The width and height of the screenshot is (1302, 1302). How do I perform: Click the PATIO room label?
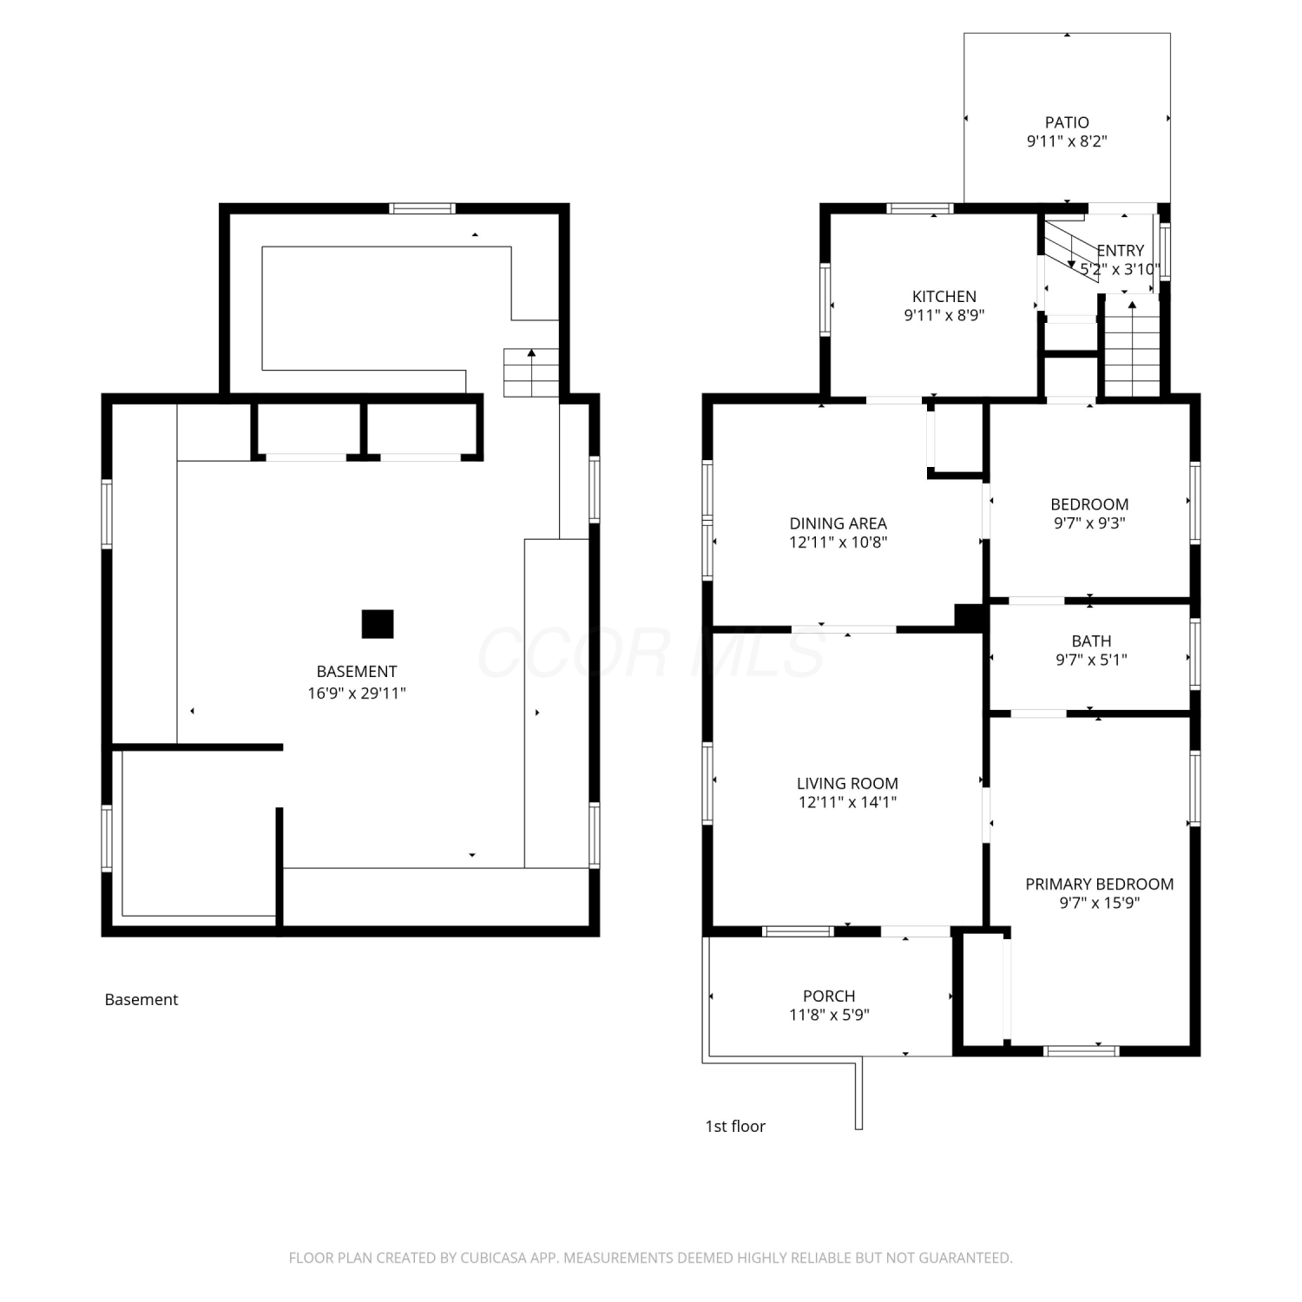[1067, 122]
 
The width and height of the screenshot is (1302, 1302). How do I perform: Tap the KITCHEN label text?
[944, 297]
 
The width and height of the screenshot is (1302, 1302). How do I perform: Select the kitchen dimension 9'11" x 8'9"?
[944, 315]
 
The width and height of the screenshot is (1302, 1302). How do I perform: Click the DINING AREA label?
[838, 523]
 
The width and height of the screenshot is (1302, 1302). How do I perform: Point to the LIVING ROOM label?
[847, 783]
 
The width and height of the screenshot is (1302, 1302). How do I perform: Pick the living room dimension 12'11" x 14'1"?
[847, 802]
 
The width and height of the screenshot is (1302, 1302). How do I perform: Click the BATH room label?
[1091, 641]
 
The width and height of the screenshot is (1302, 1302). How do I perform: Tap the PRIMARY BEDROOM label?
[1099, 884]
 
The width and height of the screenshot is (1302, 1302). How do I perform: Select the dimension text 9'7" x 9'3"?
[1089, 523]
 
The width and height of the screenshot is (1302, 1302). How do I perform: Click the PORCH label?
[829, 996]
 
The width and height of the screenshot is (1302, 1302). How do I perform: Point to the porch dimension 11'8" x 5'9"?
[829, 1015]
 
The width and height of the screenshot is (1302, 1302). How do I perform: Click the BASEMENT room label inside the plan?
[357, 672]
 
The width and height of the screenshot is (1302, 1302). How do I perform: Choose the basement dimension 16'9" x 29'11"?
[357, 693]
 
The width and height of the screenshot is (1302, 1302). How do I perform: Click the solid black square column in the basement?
[378, 624]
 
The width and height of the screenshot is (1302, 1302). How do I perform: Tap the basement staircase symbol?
[531, 372]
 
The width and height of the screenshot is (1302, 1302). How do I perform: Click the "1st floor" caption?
[735, 1126]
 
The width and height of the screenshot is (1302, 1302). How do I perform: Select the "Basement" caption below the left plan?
[141, 999]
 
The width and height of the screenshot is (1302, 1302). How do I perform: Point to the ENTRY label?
[1120, 251]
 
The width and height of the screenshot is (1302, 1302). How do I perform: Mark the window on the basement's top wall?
[422, 208]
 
